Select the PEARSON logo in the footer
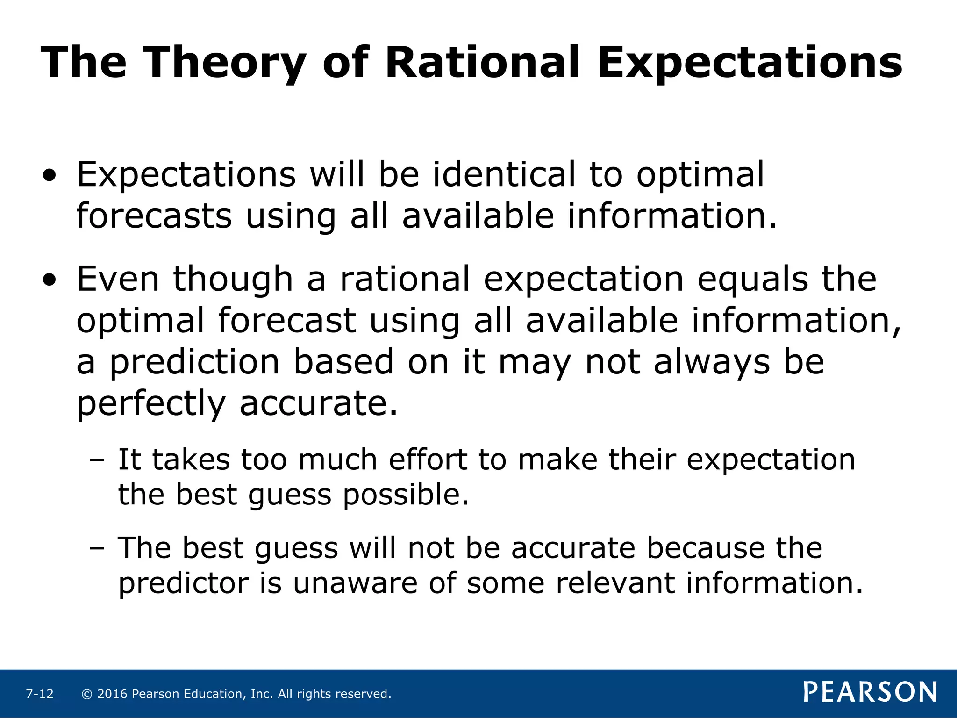870,692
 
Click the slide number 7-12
40,694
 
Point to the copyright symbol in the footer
86,694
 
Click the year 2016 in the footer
112,694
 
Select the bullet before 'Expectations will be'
50,176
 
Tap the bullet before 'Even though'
50,281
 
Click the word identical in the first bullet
504,174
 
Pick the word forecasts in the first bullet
154,216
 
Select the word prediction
194,363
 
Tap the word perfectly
151,404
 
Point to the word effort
428,460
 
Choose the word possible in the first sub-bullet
406,495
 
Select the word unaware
355,583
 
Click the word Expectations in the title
750,63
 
